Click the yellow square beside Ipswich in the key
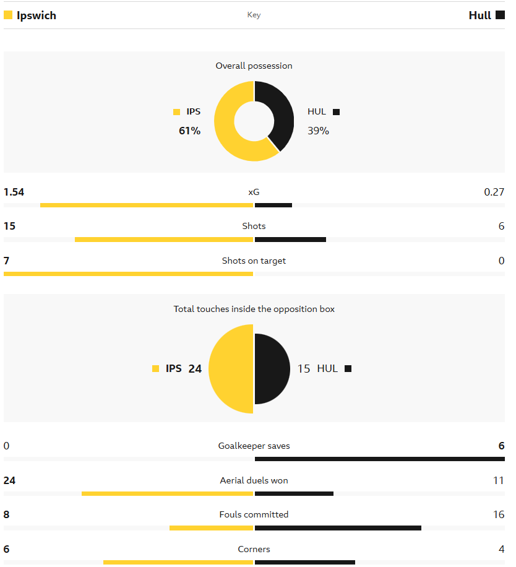(x=8, y=15)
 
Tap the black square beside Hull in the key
(x=500, y=15)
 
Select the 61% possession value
(x=189, y=131)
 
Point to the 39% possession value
(x=318, y=131)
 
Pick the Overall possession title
(x=254, y=66)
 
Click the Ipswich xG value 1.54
(x=14, y=192)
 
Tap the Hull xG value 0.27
(x=494, y=192)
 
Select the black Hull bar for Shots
(x=290, y=240)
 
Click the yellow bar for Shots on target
(x=128, y=274)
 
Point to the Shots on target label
(x=254, y=261)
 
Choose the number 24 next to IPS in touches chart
(x=195, y=369)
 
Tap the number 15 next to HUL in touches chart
(x=304, y=369)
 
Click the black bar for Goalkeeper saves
(x=379, y=459)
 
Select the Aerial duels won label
(x=254, y=480)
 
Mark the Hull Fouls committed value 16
(x=499, y=514)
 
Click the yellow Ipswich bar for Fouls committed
(x=211, y=528)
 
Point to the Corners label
(x=254, y=549)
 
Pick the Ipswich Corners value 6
(x=7, y=549)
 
